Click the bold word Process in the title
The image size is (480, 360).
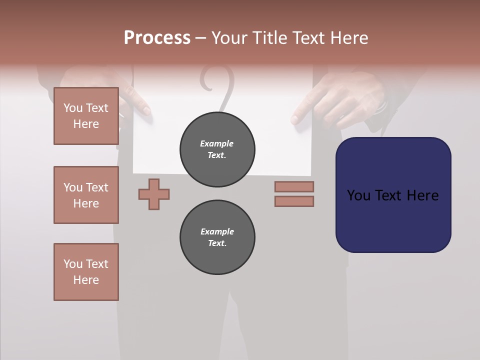[x=157, y=38]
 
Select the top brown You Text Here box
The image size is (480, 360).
[x=86, y=116]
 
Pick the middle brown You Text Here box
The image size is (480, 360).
[x=86, y=195]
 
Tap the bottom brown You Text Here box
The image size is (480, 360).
[x=86, y=272]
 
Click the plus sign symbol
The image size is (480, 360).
[x=154, y=194]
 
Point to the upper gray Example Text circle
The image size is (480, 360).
[x=217, y=149]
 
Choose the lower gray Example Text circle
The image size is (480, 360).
[x=217, y=237]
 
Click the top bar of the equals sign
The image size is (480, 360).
[x=294, y=186]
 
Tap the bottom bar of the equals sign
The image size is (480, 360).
[x=294, y=201]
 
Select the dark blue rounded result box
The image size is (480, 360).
[x=393, y=195]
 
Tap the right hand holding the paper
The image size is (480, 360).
[x=330, y=100]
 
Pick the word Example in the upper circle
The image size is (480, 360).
[x=217, y=143]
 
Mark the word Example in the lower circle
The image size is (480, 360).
[x=217, y=231]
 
